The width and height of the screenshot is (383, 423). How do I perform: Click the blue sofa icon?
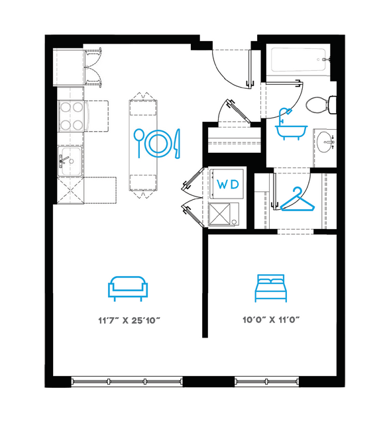pyautogui.click(x=128, y=289)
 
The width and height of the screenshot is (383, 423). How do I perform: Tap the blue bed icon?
pyautogui.click(x=271, y=288)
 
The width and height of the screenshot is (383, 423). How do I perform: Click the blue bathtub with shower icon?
pyautogui.click(x=291, y=124)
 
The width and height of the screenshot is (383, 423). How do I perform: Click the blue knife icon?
pyautogui.click(x=178, y=144)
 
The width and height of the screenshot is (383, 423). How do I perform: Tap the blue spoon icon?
pyautogui.click(x=139, y=143)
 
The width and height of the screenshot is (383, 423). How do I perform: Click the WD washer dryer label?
pyautogui.click(x=228, y=185)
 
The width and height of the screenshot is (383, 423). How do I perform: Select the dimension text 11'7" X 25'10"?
pyautogui.click(x=129, y=320)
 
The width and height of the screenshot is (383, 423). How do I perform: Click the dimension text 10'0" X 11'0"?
pyautogui.click(x=271, y=320)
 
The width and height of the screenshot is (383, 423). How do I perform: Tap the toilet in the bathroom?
pyautogui.click(x=321, y=105)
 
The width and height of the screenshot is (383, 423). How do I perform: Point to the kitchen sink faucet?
pyautogui.click(x=64, y=160)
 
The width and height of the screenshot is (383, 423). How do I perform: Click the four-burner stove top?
pyautogui.click(x=72, y=116)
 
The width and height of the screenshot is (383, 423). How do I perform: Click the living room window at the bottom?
pyautogui.click(x=127, y=381)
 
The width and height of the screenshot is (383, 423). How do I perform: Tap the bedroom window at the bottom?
pyautogui.click(x=266, y=381)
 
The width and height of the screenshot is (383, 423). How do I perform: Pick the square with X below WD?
pyautogui.click(x=219, y=214)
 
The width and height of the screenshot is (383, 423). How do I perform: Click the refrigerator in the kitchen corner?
pyautogui.click(x=69, y=67)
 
